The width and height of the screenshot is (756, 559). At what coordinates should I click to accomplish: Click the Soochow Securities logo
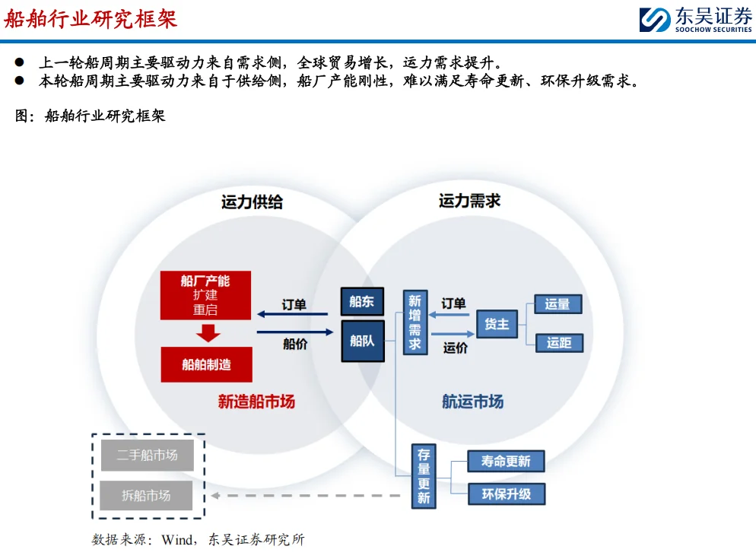694,19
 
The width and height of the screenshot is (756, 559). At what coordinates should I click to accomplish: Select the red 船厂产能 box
205,295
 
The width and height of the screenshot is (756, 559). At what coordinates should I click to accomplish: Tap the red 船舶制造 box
205,364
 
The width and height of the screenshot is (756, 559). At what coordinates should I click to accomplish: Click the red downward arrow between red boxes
207,333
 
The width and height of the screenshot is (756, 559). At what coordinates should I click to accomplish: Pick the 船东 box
362,302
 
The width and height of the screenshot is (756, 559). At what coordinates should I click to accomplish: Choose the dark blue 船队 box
362,341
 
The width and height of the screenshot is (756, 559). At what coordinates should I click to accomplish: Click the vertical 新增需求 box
415,322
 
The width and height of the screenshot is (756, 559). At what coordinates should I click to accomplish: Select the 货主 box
497,324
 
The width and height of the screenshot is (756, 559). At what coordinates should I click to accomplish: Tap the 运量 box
557,304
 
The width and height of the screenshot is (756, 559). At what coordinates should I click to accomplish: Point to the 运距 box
559,343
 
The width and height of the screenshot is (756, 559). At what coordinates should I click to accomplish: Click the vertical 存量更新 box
424,476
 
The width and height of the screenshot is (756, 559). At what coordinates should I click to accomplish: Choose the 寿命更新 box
506,461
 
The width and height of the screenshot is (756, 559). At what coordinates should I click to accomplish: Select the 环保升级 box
506,494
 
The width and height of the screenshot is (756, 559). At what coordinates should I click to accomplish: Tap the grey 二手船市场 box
148,456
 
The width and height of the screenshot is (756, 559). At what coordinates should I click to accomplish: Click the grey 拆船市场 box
147,495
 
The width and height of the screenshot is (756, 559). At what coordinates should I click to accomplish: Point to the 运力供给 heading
252,202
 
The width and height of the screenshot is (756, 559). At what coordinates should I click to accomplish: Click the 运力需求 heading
469,201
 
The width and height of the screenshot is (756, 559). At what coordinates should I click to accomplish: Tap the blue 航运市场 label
472,402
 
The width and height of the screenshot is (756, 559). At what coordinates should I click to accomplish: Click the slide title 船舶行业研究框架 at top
91,18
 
